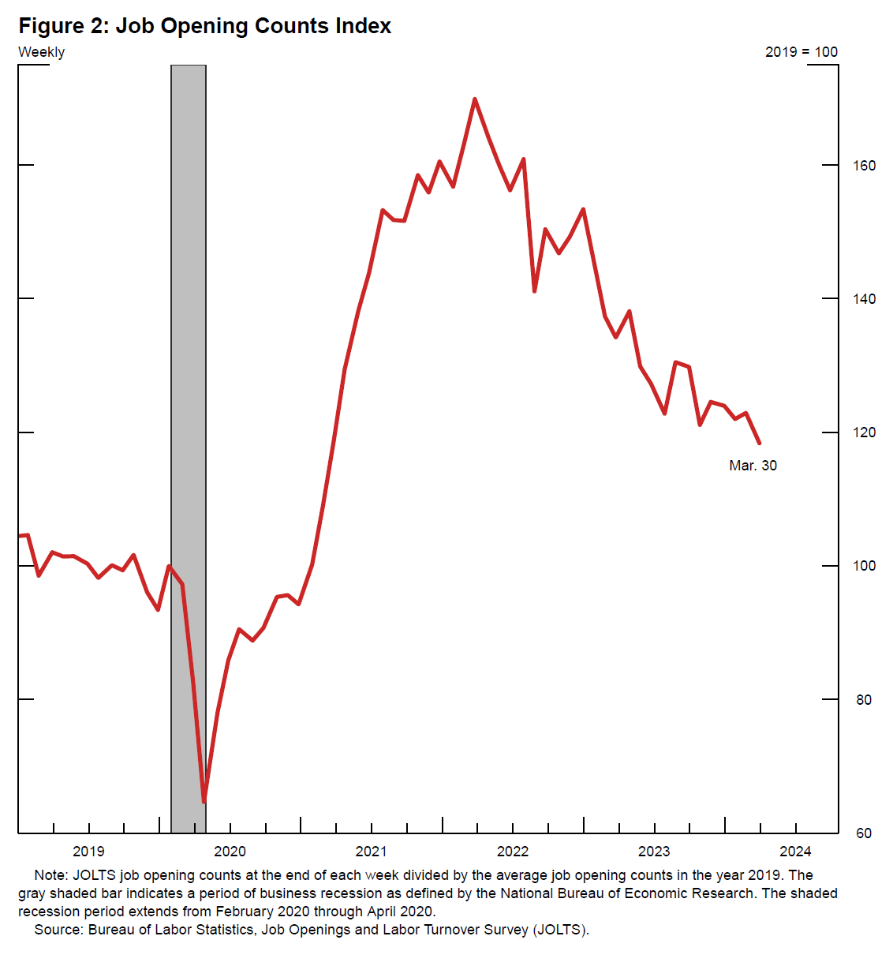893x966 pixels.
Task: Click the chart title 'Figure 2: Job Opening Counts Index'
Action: [x=205, y=26]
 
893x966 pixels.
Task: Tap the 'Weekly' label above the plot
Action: [x=42, y=52]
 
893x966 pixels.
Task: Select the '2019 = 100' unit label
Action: [x=801, y=52]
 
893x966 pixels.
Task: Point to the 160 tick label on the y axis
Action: [x=865, y=166]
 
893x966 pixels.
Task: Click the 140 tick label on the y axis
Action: [x=865, y=299]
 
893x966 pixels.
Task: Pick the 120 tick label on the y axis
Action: [x=865, y=432]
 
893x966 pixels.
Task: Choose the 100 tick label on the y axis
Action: [x=865, y=566]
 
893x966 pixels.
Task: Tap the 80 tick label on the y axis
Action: [x=865, y=700]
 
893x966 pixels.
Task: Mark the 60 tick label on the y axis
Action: [x=865, y=833]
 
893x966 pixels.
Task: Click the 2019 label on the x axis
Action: [x=88, y=852]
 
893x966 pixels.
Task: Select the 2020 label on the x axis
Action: [x=230, y=852]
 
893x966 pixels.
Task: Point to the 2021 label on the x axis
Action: [x=371, y=852]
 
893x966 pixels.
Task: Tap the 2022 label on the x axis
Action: [x=513, y=852]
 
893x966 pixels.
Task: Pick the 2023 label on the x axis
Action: [x=654, y=852]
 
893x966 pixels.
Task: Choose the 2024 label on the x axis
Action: [x=795, y=852]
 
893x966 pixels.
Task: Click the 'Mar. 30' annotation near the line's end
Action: [x=753, y=466]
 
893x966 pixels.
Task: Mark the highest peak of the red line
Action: [x=474, y=99]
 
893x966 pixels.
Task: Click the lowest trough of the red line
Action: [x=204, y=801]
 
